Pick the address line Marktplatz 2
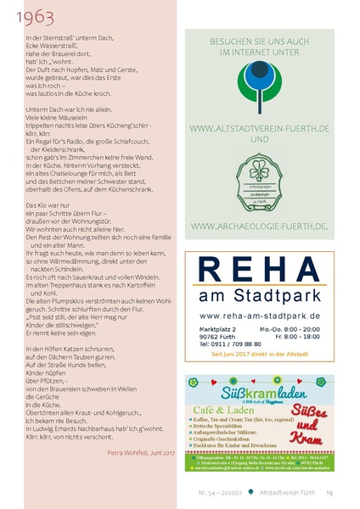218,327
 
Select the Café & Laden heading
221,409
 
